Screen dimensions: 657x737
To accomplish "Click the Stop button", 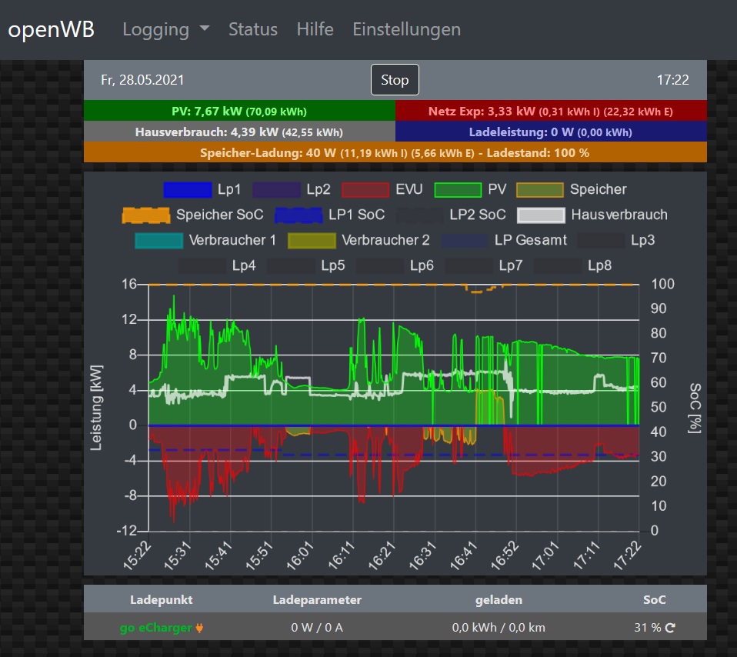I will [x=395, y=80].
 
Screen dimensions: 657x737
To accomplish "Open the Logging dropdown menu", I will [x=166, y=30].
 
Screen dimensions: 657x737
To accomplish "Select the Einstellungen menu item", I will [x=406, y=30].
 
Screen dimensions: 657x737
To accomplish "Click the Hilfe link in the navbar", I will [x=315, y=30].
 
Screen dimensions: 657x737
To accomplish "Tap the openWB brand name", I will [x=52, y=30].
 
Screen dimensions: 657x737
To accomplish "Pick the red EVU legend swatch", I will [x=365, y=190].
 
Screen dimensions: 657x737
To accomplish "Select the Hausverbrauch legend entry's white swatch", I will [x=541, y=215].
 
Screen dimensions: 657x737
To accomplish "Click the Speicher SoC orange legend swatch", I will [x=145, y=215].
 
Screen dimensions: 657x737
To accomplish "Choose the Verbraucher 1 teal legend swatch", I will [x=158, y=241].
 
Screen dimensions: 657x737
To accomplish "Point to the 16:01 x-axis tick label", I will [x=302, y=555].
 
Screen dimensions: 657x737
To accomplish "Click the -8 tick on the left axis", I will [x=132, y=496].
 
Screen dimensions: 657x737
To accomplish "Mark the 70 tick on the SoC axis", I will [x=664, y=358].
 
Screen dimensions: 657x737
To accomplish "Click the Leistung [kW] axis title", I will [x=98, y=407].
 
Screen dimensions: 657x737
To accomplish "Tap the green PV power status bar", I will [x=239, y=111].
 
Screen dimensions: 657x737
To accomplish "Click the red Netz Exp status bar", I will [x=551, y=111].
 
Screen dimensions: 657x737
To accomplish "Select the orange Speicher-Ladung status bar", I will [x=395, y=152].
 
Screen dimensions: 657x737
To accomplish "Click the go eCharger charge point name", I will [x=156, y=628].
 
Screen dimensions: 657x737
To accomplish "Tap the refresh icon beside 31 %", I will [x=670, y=628].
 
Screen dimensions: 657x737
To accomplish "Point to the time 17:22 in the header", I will [x=672, y=80].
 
